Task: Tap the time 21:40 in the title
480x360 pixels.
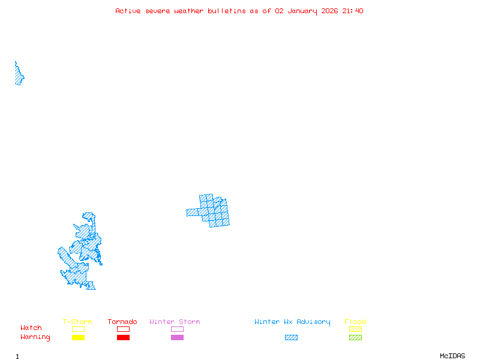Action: click(x=352, y=11)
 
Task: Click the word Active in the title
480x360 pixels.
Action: click(x=128, y=11)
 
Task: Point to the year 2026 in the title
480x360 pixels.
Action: click(x=329, y=11)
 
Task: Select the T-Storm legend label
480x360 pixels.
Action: click(x=77, y=322)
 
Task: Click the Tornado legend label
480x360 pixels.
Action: click(x=122, y=322)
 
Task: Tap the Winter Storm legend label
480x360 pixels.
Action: click(x=175, y=322)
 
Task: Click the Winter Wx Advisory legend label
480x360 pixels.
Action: click(x=292, y=322)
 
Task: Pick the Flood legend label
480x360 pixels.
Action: click(x=355, y=322)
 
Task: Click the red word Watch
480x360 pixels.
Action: click(x=31, y=328)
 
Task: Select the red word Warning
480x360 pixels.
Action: click(x=35, y=337)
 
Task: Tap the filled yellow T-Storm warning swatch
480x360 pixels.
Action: click(x=78, y=337)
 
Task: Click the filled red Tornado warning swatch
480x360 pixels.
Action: click(x=123, y=337)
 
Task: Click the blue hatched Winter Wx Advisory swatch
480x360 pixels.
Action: click(x=291, y=337)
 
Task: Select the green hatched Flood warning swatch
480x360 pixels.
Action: click(x=355, y=337)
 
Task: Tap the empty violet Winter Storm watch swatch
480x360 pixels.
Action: click(x=177, y=329)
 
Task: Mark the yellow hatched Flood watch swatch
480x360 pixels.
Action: click(x=355, y=329)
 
